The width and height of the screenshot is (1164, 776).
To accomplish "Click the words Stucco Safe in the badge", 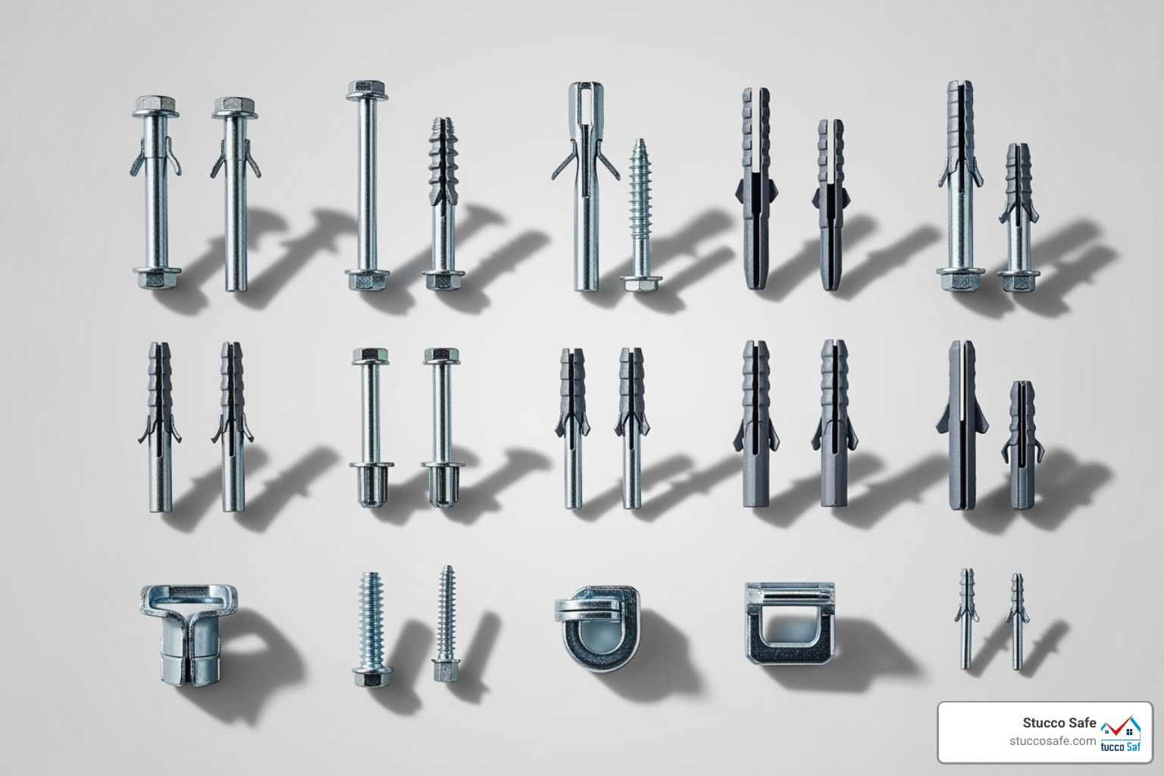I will [x=1059, y=723].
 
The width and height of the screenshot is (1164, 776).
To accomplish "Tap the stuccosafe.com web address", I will [x=1053, y=741].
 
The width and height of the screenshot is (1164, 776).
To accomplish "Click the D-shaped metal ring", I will [x=597, y=628].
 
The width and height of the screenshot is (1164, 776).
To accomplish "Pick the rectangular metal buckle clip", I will [x=790, y=623].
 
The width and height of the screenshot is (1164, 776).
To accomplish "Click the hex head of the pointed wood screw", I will [x=641, y=283].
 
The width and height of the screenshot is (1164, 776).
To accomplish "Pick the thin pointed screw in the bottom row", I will [x=447, y=623].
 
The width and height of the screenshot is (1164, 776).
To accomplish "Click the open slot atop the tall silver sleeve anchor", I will [x=585, y=99].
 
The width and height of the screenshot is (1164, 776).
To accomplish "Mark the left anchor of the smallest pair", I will [x=966, y=618].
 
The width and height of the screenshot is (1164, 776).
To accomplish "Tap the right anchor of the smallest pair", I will [x=1017, y=621].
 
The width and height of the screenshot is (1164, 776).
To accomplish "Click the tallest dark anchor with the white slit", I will [x=962, y=424].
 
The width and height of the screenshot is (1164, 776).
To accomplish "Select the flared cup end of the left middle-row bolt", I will [x=371, y=485].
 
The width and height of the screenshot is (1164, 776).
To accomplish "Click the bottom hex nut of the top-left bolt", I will [x=157, y=277].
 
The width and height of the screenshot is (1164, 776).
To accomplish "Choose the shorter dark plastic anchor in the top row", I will [x=831, y=205].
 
